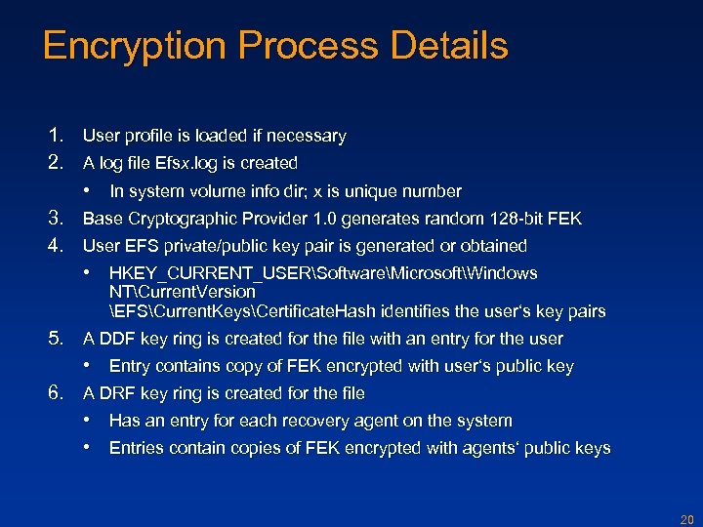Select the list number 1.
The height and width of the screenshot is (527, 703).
56,136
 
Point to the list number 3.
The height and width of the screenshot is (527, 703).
56,218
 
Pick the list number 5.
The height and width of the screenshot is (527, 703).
56,339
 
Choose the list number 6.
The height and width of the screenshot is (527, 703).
56,393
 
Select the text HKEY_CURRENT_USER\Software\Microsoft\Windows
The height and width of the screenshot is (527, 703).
323,273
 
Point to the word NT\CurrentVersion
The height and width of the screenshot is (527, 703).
183,292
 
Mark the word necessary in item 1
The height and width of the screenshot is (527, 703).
309,136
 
